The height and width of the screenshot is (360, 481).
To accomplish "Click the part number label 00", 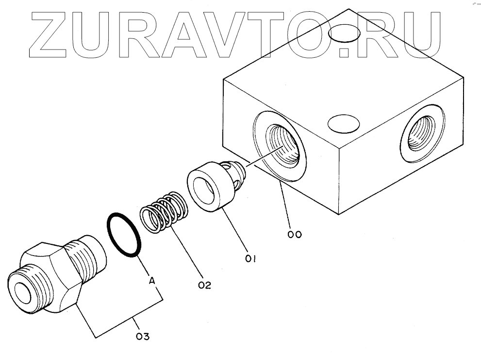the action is [295, 234].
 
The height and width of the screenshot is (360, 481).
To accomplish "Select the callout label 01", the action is [250, 258].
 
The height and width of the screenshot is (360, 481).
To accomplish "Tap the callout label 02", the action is [204, 285].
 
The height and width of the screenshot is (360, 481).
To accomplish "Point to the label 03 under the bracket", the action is [142, 336].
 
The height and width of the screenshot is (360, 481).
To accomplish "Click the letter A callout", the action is [152, 280].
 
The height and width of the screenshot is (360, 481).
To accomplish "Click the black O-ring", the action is [123, 234].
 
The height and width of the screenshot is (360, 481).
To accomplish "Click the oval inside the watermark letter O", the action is [344, 35].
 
